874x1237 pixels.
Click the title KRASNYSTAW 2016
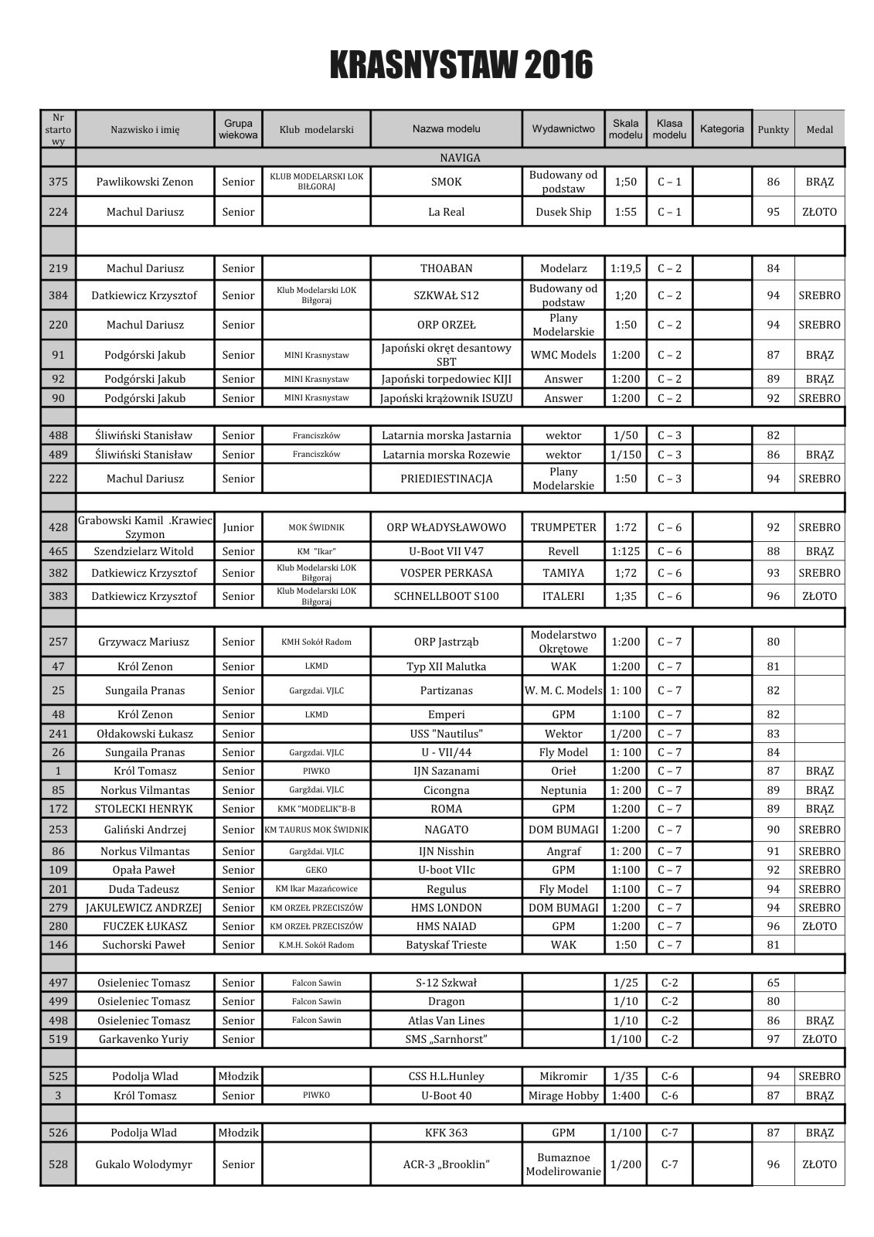tap(461, 66)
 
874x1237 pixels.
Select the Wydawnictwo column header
tap(563, 129)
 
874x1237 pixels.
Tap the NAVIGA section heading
tap(460, 158)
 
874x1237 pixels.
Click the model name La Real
tap(446, 212)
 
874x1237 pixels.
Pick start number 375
tap(58, 182)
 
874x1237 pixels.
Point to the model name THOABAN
tap(446, 268)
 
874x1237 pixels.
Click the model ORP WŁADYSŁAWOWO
tap(446, 527)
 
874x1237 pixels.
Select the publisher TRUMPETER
tap(563, 527)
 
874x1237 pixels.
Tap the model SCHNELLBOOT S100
tap(446, 596)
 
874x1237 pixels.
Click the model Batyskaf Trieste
tap(446, 945)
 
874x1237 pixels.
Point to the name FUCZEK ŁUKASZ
tap(145, 926)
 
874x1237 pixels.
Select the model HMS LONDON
tap(446, 908)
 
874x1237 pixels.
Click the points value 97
tap(773, 1039)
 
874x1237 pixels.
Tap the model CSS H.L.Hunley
tap(446, 1076)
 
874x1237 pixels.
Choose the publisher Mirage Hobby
tap(563, 1096)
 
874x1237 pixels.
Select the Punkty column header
tap(773, 129)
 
